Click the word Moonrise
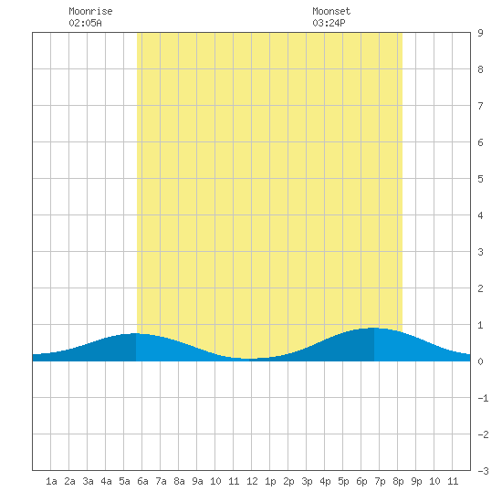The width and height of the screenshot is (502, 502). coord(90,11)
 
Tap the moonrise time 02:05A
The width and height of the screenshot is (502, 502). coord(85,23)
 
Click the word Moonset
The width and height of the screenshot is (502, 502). coord(331,11)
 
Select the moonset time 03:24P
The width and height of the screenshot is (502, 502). coord(329,23)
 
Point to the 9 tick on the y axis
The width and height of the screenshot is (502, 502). coord(480,33)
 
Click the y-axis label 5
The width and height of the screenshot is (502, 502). coord(480,179)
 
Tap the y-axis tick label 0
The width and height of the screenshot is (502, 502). coord(480,361)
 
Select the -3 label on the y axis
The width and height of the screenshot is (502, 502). coord(483,471)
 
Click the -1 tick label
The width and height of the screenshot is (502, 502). coord(483,398)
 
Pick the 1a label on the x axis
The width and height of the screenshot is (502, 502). coord(51,481)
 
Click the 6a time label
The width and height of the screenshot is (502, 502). coord(142,481)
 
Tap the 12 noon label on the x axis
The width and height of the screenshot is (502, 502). coord(252,481)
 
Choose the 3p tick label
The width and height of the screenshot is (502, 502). coord(307,481)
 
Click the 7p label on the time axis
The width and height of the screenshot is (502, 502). coord(380,481)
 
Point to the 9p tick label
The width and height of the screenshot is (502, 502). coord(416,481)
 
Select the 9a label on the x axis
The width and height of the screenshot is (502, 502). coord(197,481)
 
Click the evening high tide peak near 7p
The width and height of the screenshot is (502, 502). coord(374,328)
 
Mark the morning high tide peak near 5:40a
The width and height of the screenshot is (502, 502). coord(136,333)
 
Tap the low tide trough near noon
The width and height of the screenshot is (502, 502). coord(249,359)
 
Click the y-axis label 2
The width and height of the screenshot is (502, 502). coord(480,288)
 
